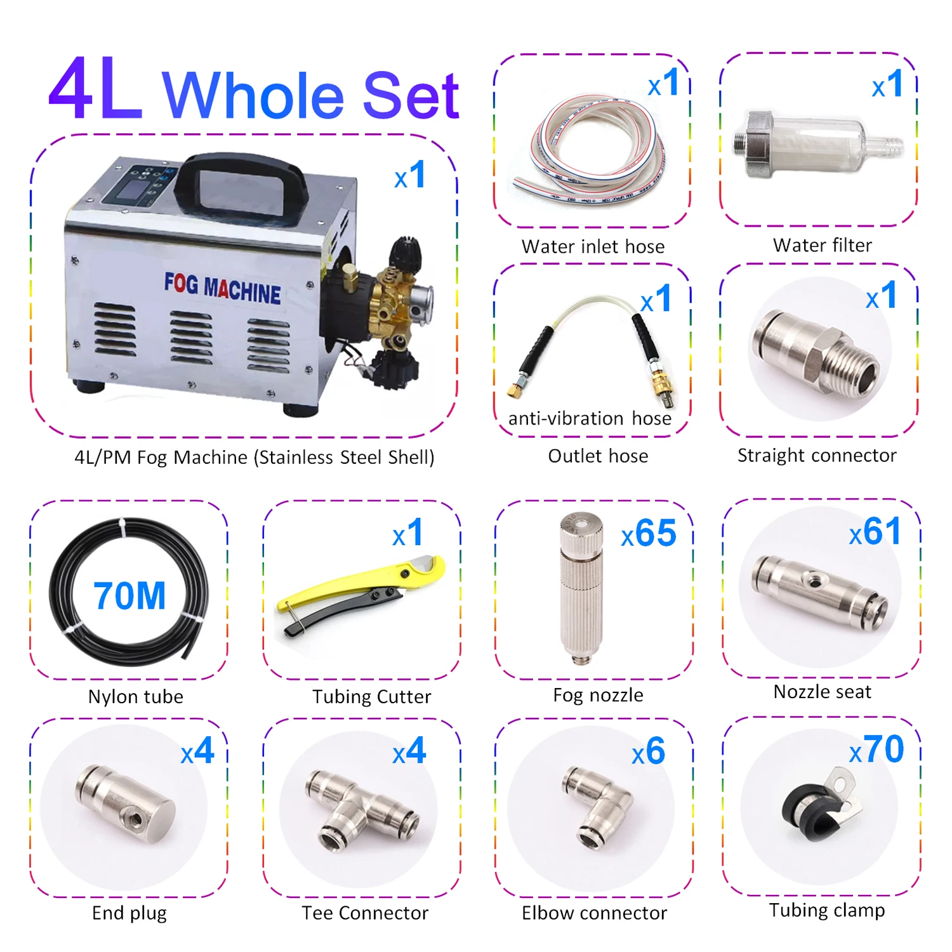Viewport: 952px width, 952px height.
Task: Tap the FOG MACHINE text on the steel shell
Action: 222,289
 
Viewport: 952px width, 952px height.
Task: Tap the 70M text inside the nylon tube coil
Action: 129,596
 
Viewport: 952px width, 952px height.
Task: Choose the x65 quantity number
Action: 649,533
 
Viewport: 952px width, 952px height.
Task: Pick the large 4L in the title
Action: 95,90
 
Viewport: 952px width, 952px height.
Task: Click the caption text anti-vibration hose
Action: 590,419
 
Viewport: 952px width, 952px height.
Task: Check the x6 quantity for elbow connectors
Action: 649,752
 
